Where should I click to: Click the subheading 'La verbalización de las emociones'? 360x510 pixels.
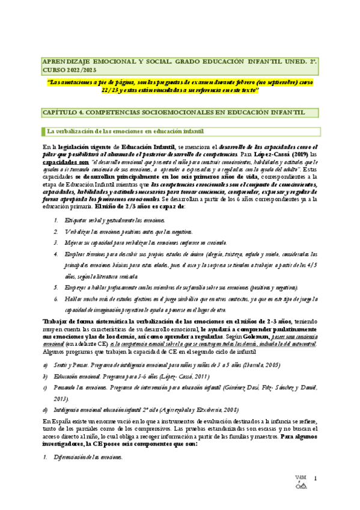(125, 131)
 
